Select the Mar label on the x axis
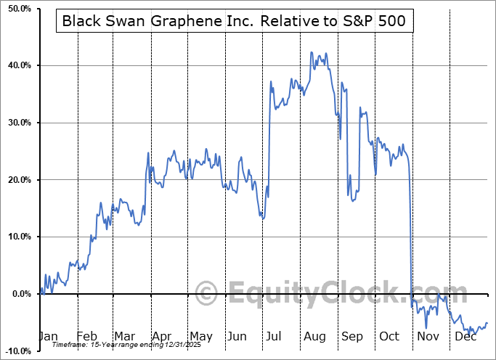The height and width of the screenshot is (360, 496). tap(124, 336)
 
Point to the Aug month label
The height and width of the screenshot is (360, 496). tap(315, 336)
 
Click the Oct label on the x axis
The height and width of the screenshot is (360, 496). tap(390, 336)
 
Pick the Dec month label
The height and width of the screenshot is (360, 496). tap(464, 336)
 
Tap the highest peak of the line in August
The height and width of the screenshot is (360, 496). tap(312, 53)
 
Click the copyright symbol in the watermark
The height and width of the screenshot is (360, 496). tap(206, 294)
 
